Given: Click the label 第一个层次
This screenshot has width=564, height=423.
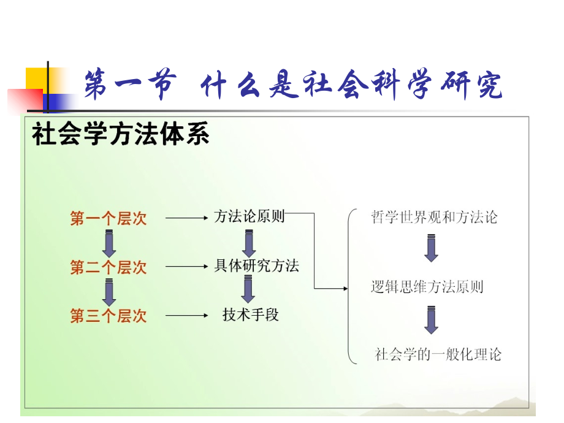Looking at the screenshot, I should coord(109,218).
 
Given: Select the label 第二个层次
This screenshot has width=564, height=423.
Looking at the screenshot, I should coord(109,267).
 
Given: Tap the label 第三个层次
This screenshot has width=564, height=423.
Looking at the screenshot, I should coord(109,316).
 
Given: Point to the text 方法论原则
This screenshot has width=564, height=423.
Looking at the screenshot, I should coord(250,216).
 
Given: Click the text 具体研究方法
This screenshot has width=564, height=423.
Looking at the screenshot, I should coord(257,266).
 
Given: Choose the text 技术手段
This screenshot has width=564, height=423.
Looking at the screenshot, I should coord(250,315).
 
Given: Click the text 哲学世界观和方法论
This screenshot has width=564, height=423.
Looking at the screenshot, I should coord(434,217).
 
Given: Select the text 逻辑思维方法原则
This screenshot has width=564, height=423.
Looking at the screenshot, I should coord(427,286).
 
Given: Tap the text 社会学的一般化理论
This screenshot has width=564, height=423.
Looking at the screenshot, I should coord(438,354).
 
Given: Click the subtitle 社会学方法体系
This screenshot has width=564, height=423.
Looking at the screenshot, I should coord(121,134).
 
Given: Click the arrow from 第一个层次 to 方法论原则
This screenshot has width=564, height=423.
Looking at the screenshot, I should coord(187,218).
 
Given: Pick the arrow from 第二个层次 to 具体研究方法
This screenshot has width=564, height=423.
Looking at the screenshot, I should coord(187,267).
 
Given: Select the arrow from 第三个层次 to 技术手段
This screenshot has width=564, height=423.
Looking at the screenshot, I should coord(187,316).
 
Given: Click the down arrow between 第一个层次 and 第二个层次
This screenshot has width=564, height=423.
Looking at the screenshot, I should coord(109,243).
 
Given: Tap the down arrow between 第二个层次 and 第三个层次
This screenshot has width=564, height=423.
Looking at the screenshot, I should coord(109,292).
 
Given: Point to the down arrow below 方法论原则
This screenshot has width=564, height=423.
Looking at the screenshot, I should coord(249,243).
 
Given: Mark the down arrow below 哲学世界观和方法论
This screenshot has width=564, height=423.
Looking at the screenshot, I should coord(432,249).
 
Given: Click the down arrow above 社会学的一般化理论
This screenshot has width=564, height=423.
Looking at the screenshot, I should coord(432,320).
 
